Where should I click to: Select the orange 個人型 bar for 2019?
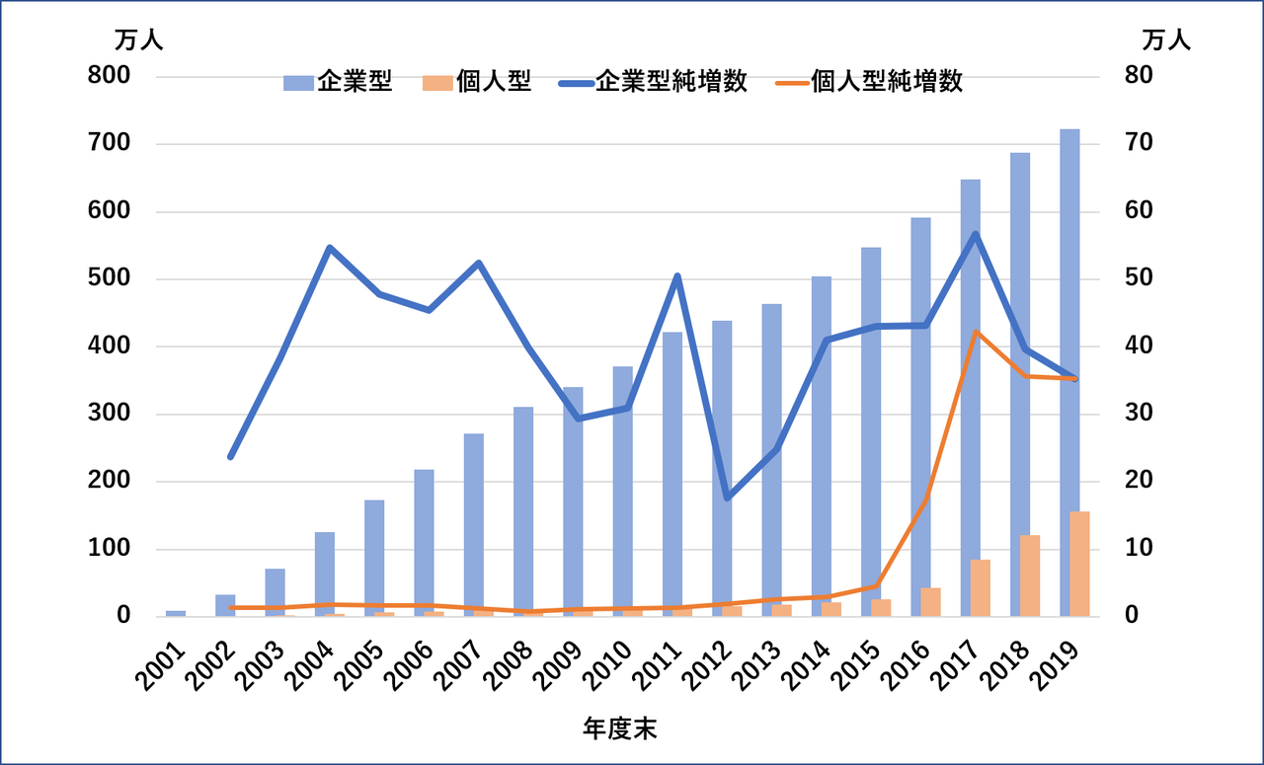click(x=1080, y=564)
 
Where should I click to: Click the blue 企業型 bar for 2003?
click(x=275, y=592)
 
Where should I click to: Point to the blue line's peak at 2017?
click(x=975, y=234)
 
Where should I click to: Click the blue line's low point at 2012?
click(x=727, y=497)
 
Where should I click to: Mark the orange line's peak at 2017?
click(x=976, y=332)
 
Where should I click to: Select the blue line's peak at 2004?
click(x=330, y=247)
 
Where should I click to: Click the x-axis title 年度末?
click(x=620, y=729)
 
